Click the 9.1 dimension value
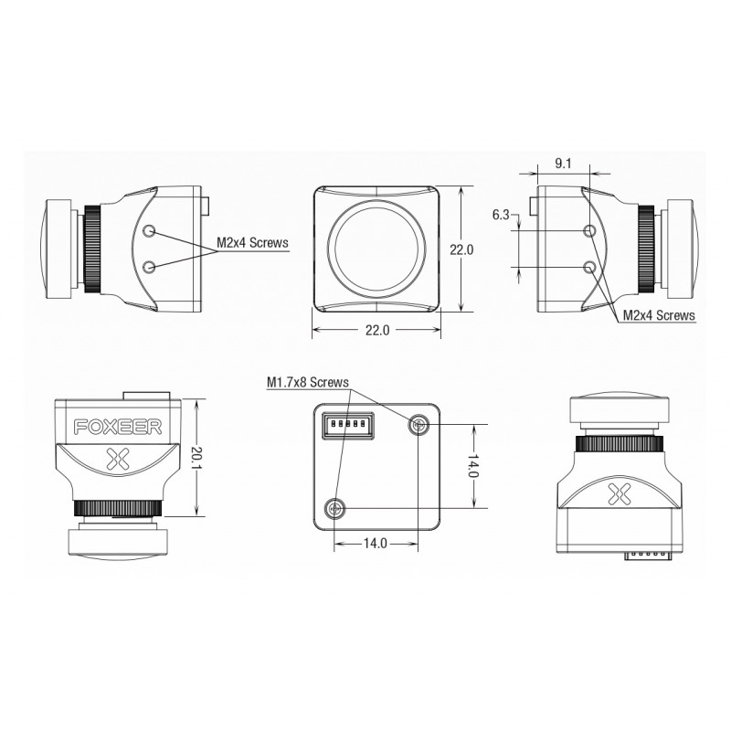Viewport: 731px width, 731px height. click(x=563, y=164)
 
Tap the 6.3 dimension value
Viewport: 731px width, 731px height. click(x=501, y=215)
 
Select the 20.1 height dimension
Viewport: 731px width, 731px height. click(x=196, y=458)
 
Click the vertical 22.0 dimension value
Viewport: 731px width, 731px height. click(x=461, y=249)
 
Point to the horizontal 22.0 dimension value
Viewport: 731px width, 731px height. click(x=377, y=330)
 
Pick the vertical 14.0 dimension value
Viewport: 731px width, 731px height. click(x=472, y=466)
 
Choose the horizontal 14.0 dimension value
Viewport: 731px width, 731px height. click(x=376, y=543)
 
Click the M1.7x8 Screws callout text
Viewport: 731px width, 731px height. click(x=308, y=382)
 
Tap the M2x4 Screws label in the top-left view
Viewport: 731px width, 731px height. click(x=252, y=242)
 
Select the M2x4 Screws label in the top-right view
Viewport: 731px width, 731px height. click(x=659, y=315)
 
